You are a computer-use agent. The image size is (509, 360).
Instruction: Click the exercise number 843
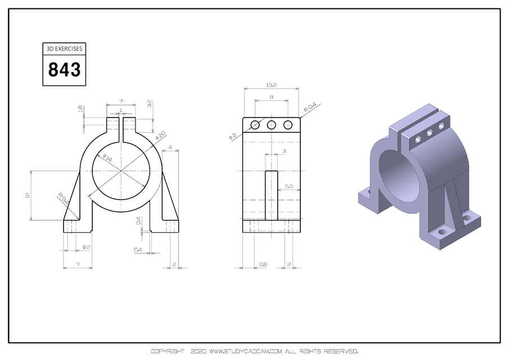[x=64, y=70]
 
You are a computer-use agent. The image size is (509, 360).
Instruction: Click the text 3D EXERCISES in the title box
[x=64, y=49]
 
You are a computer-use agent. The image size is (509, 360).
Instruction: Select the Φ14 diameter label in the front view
[x=107, y=159]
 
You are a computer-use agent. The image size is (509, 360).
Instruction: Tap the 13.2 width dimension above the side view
[x=271, y=85]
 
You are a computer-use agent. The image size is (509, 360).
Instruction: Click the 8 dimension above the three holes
[x=271, y=97]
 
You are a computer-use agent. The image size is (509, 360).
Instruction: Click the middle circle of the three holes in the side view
[x=272, y=125]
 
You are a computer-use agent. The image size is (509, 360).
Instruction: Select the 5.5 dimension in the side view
[x=289, y=186]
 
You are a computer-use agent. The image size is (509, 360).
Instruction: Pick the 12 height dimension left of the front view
[x=27, y=195]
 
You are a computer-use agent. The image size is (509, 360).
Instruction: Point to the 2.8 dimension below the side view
[x=262, y=264]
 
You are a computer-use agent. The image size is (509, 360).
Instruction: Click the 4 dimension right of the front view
[x=170, y=148]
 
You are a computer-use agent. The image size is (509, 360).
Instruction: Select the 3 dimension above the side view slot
[x=283, y=151]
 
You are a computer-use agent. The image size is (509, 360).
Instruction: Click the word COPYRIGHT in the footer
[x=167, y=352]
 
